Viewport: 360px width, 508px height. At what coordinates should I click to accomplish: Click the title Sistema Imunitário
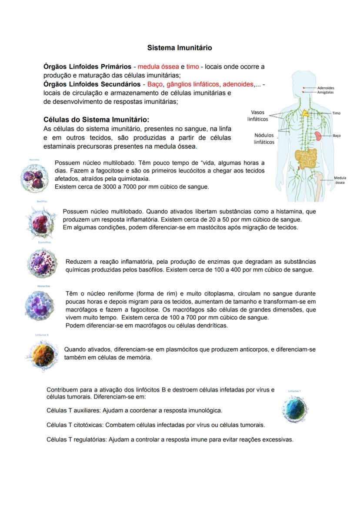180,47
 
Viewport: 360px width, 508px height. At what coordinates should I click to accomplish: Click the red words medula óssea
158,66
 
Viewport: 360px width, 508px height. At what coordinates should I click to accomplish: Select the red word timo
193,66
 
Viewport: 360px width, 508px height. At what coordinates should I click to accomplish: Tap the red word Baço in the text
154,84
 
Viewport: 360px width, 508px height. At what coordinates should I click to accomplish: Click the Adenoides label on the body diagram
326,88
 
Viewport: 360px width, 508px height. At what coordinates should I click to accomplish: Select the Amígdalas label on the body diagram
326,93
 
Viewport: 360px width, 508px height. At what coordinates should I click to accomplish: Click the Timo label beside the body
337,113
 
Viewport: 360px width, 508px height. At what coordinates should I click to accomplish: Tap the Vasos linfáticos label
258,116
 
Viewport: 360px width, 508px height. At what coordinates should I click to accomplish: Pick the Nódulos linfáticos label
264,138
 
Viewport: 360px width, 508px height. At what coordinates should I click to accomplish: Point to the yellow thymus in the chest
306,113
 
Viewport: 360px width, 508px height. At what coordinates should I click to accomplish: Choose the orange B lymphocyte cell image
42,354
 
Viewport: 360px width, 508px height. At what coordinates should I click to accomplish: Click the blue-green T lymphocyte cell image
295,408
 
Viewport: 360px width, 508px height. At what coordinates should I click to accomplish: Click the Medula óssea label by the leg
340,180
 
